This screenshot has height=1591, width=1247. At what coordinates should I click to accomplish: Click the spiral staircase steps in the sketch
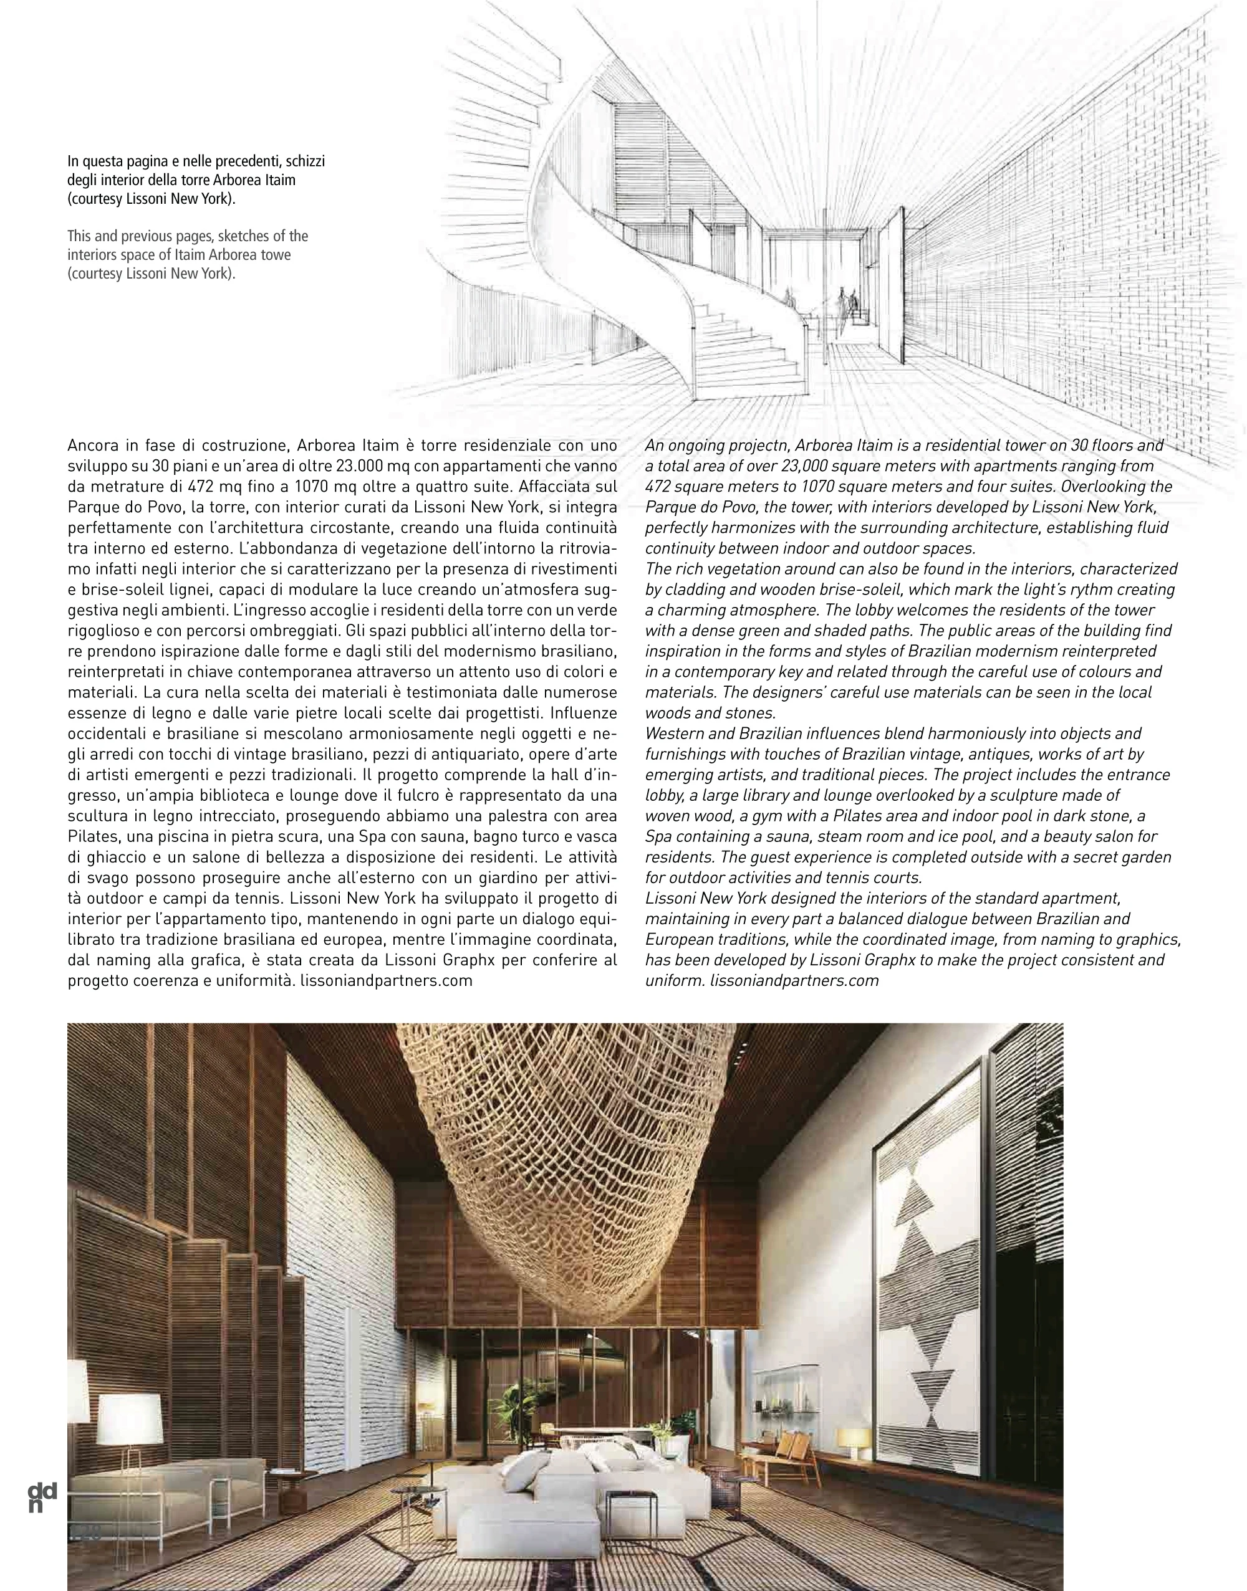(738, 350)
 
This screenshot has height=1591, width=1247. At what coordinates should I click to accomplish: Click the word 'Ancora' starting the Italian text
(93, 445)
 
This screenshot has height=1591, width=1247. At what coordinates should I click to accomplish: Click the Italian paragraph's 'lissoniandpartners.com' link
(386, 980)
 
